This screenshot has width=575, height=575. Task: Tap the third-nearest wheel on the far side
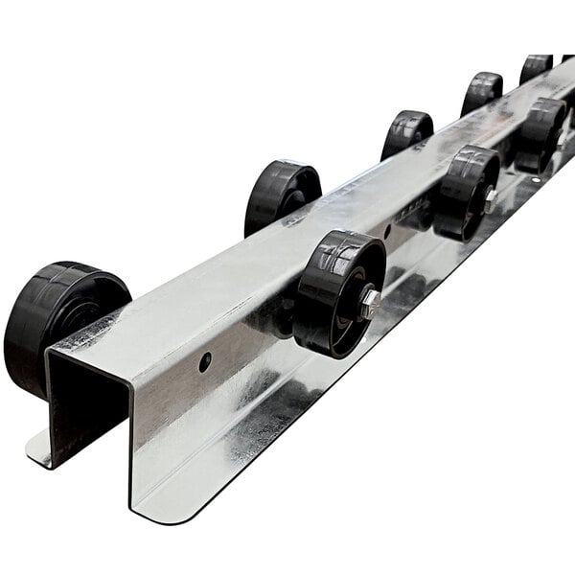406,133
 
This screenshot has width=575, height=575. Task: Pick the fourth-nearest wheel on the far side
481,93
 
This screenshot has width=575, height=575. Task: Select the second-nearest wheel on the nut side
466,192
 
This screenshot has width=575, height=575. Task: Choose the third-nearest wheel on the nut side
540,134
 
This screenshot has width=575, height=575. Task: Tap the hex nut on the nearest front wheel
368,304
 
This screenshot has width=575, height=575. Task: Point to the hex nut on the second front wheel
490,199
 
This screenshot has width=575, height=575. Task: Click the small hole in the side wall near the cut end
205,362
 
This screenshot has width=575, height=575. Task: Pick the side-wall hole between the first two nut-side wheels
386,231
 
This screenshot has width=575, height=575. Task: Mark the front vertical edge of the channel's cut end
130,441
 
